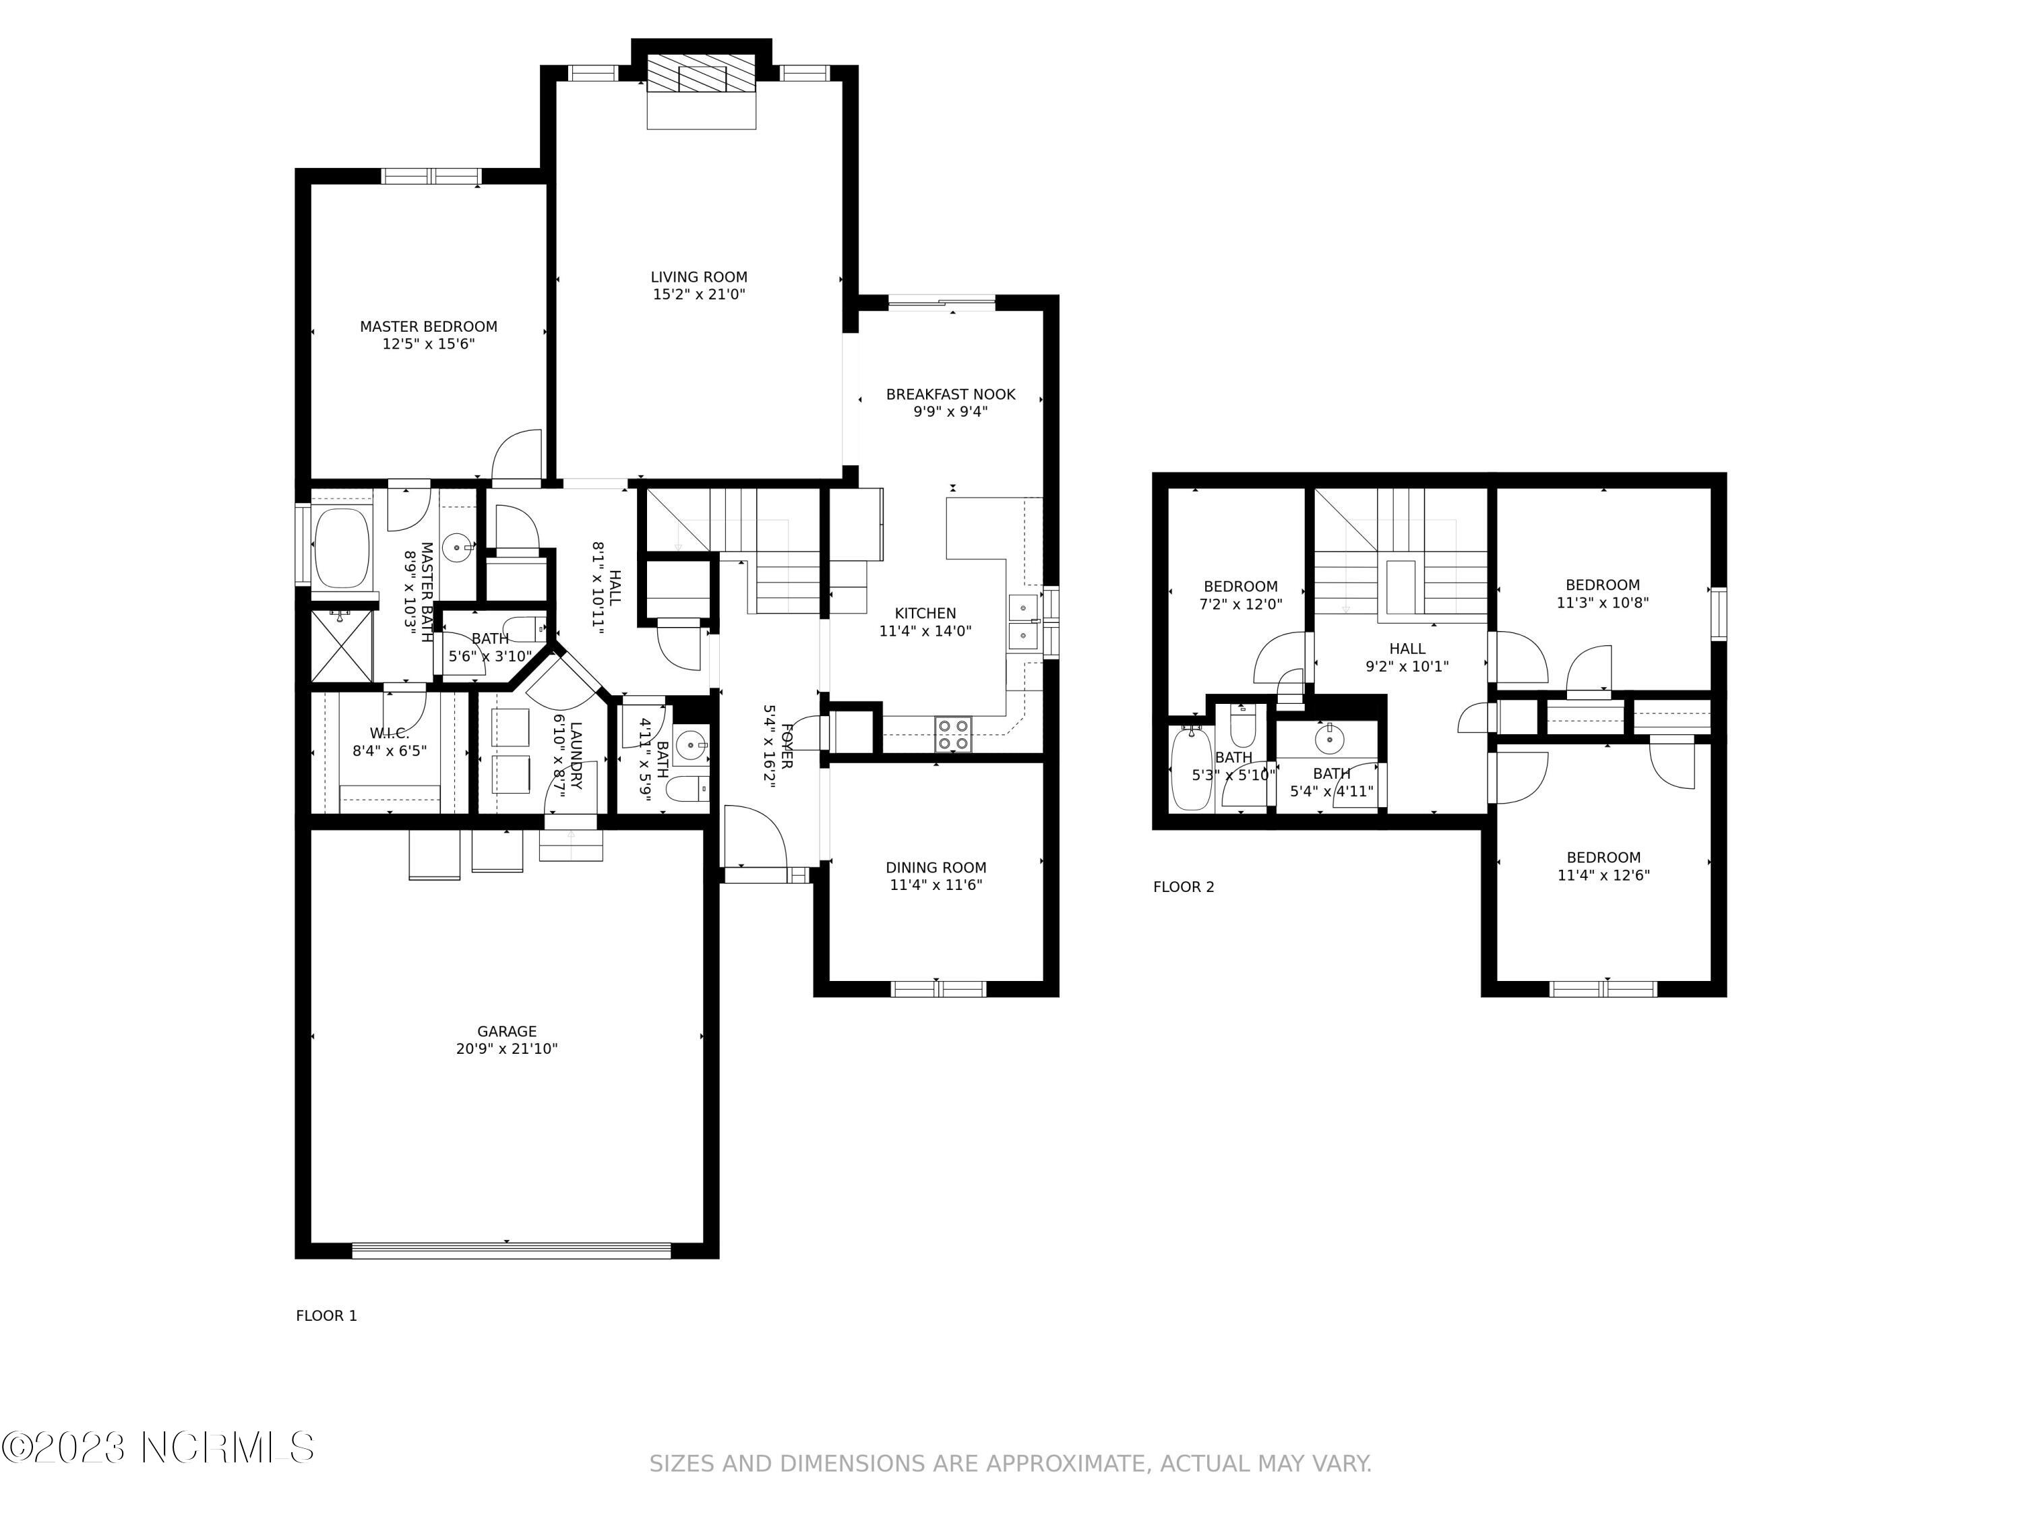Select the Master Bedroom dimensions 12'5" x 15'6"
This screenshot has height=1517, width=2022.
428,345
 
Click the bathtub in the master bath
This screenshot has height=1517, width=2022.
341,547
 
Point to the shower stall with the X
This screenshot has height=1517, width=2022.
342,646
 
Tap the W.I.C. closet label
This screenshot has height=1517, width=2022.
390,734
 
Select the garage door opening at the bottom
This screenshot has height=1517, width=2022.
511,1250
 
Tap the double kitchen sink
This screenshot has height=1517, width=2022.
1024,621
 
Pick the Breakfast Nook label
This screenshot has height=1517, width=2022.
950,394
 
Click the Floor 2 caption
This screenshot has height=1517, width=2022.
1183,887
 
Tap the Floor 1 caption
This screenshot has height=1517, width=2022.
326,1316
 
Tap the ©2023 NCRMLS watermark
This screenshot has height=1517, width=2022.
158,1448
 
